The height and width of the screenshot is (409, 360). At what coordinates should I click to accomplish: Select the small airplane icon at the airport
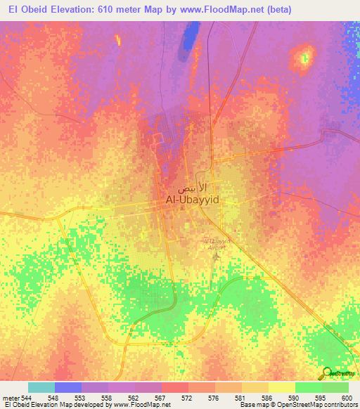click(217, 254)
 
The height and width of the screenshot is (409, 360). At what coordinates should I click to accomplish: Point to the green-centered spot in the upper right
click(304, 57)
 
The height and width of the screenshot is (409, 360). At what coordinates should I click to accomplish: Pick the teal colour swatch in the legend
click(41, 387)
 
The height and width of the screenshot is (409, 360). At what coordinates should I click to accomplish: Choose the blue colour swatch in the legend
click(68, 387)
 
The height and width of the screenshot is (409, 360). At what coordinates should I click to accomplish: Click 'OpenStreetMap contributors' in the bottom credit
click(316, 405)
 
